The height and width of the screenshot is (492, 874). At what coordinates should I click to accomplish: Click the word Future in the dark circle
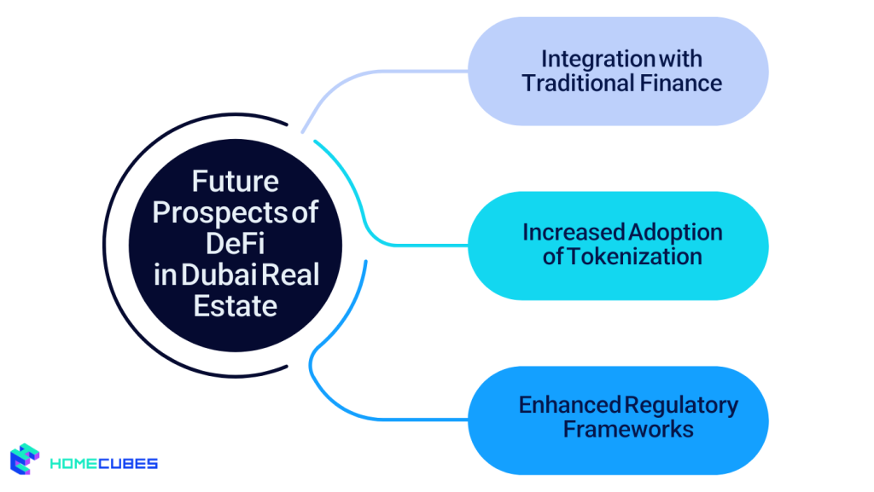(x=235, y=182)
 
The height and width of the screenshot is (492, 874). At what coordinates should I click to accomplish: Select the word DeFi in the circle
(x=235, y=243)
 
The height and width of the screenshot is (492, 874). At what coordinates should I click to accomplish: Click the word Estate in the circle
(x=235, y=305)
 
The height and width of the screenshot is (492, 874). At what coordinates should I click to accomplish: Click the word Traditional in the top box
(x=578, y=84)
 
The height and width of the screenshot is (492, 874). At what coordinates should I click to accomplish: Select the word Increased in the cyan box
(x=571, y=232)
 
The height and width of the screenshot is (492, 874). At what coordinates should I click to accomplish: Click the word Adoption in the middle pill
(x=675, y=232)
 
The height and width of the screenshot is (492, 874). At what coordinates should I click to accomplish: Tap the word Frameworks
(x=627, y=428)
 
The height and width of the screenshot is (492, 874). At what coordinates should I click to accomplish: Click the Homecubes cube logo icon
(x=26, y=459)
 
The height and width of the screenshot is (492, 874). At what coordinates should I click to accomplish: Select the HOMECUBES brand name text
(x=103, y=464)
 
